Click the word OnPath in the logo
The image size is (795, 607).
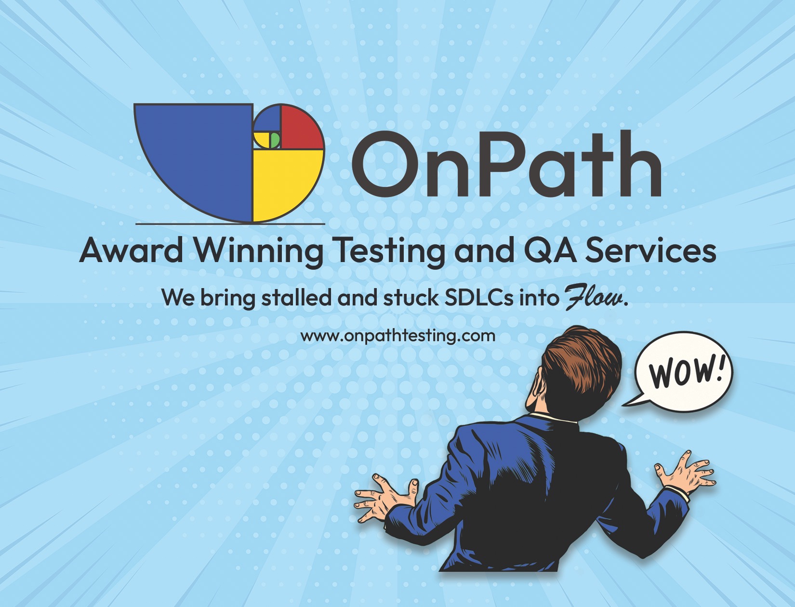coord(507,163)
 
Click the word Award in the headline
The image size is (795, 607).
coord(131,251)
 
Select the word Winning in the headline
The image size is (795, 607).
coord(259,252)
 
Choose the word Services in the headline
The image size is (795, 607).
coord(650,251)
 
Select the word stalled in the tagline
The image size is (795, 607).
coord(296,297)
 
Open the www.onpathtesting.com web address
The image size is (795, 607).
coord(397,336)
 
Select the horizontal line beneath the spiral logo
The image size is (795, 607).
coord(230,224)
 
